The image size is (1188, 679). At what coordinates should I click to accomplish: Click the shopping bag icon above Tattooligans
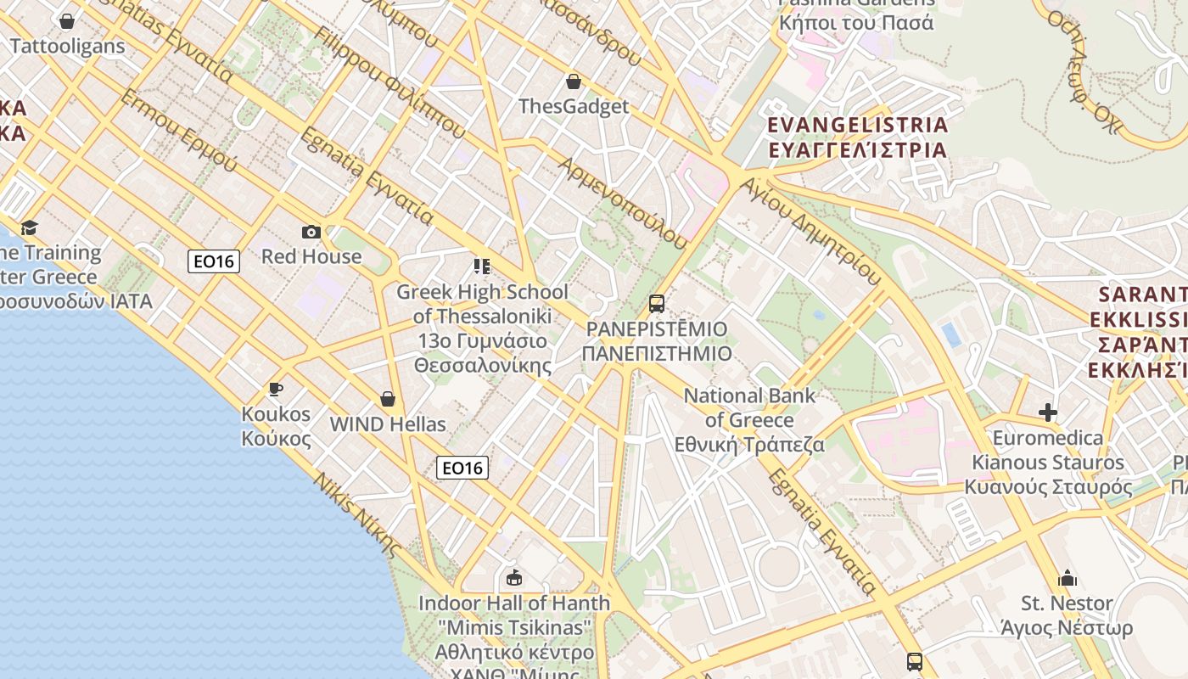(67, 20)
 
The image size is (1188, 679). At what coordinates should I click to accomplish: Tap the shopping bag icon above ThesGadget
(574, 81)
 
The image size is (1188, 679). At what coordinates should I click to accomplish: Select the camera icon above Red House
(311, 232)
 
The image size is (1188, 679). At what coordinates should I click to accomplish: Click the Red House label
(311, 256)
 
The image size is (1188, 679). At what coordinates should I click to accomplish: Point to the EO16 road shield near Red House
(214, 261)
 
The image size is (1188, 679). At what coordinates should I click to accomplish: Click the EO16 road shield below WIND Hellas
(462, 467)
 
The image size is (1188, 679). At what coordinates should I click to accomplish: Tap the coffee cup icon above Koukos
(276, 390)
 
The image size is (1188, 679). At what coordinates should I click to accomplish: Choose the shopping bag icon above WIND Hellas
(388, 399)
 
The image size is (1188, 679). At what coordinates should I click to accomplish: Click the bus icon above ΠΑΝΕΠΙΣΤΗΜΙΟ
(656, 303)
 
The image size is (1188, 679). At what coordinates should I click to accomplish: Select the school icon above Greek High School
(482, 267)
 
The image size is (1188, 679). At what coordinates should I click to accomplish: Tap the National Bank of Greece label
(749, 419)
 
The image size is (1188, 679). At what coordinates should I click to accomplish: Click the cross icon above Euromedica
(1048, 413)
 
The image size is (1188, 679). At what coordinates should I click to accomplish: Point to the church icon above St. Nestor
(1068, 579)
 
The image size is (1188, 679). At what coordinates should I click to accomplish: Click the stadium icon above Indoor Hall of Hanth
(513, 578)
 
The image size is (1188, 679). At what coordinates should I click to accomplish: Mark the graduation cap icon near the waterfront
(30, 227)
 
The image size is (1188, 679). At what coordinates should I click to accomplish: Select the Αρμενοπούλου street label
(622, 202)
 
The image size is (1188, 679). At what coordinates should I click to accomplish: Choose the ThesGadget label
(574, 106)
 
